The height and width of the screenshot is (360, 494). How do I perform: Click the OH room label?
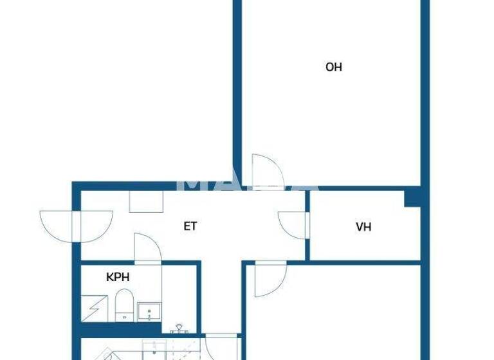coord(333,67)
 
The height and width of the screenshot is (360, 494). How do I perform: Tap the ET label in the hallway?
coord(190,226)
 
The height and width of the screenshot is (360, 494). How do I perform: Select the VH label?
coord(363,226)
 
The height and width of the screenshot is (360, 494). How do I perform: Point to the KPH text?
coord(118,278)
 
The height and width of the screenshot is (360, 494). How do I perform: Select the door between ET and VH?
coord(293,225)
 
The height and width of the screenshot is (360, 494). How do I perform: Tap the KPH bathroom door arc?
coord(147,248)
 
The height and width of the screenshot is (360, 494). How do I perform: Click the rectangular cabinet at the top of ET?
coord(146,201)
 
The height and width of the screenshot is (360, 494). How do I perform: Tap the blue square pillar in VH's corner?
coord(412,198)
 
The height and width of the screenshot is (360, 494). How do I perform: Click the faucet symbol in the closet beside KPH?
coord(178,328)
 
